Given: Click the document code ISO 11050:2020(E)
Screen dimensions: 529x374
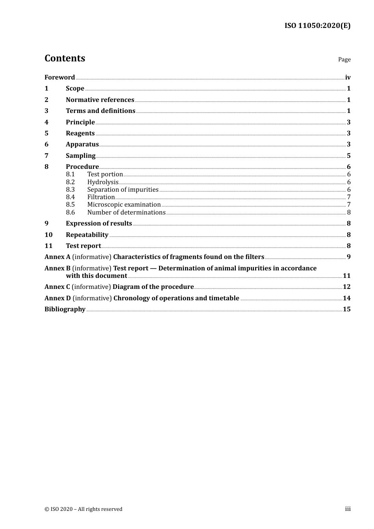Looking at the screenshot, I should [x=317, y=26].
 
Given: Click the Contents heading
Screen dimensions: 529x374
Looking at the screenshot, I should [x=65, y=58].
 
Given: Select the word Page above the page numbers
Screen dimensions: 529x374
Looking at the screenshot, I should [x=344, y=59].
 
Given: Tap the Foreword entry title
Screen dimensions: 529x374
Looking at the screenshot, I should [x=59, y=77].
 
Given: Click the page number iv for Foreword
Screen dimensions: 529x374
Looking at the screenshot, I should [x=348, y=77].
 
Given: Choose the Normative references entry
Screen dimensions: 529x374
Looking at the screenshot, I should [x=100, y=100].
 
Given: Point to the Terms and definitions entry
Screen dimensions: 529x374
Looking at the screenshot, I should [x=100, y=111].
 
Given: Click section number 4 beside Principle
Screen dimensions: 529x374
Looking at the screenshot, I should [x=46, y=122].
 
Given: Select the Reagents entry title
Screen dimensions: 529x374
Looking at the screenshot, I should [x=80, y=133].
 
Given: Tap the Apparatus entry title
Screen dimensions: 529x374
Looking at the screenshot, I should [x=82, y=144].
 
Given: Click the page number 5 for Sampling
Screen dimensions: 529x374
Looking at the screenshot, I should [x=348, y=155].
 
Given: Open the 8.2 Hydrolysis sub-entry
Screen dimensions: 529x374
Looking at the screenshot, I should [x=103, y=182].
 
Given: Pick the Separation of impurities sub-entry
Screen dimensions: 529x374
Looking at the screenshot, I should [x=123, y=189].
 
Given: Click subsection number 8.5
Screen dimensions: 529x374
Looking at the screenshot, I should [x=70, y=204].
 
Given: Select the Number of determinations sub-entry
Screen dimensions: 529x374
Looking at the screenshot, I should [x=126, y=212].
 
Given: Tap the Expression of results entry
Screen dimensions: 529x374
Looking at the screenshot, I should [x=99, y=223].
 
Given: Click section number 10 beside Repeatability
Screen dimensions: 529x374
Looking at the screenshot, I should [x=48, y=235].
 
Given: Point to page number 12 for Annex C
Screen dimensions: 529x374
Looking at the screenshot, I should [x=346, y=287].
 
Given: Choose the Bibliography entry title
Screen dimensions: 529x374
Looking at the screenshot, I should [x=65, y=309].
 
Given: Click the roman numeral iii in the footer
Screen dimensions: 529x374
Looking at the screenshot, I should [x=348, y=509].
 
